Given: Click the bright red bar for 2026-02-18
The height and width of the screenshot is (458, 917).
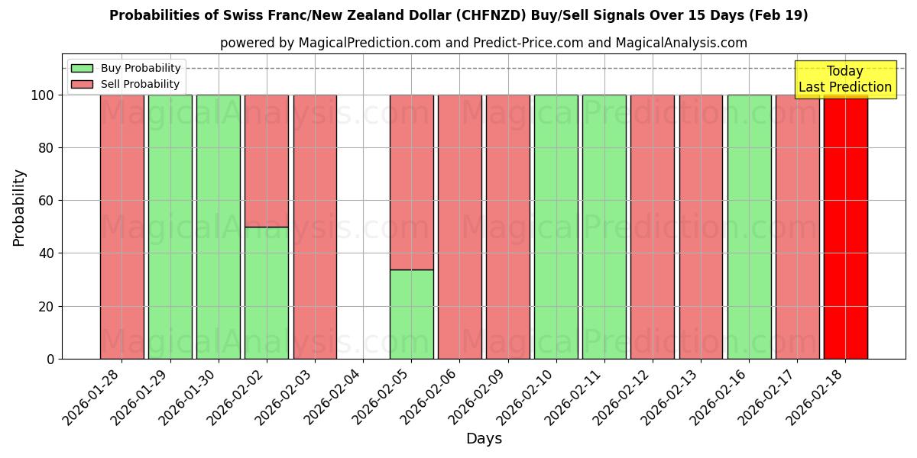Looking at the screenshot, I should point(845,227).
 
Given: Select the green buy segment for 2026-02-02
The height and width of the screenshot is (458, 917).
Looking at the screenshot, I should point(267,292).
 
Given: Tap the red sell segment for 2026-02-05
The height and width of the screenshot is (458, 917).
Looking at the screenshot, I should point(411,182).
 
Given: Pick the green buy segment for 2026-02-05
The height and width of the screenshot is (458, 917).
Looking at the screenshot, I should point(411,314).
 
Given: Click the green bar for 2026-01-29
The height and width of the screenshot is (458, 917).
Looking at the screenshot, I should point(170,227).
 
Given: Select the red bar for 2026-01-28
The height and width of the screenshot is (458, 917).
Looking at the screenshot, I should point(122,227).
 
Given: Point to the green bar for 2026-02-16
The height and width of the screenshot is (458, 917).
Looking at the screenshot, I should point(749,227).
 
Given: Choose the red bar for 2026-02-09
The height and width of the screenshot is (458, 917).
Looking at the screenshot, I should point(507,227).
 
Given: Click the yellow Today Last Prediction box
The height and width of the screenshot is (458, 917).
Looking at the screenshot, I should point(844,79).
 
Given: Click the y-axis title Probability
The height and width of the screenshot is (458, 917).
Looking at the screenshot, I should point(20,207).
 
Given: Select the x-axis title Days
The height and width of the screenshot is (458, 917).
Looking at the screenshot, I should point(484,439).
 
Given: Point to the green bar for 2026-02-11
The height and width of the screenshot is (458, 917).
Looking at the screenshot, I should point(604,227).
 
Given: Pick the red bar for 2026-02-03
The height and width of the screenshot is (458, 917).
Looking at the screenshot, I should point(315,227).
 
